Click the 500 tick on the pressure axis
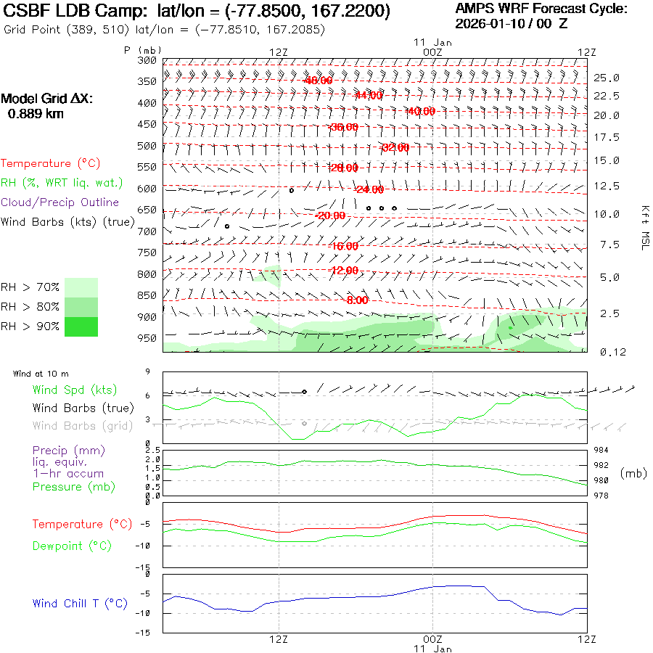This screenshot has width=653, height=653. (147, 146)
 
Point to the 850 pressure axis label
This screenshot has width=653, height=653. (147, 295)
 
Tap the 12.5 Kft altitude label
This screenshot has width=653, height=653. (607, 186)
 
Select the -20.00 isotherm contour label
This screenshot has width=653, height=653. (331, 215)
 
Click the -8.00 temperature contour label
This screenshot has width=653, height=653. (356, 300)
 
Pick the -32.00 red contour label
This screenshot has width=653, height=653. (395, 147)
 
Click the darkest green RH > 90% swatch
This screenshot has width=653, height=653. (81, 327)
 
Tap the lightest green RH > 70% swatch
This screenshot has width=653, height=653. (81, 287)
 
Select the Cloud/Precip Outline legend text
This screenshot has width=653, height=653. (59, 202)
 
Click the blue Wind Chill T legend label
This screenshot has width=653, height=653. (80, 603)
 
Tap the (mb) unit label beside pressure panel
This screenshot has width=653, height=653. (633, 473)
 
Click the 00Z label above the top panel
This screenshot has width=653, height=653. (432, 52)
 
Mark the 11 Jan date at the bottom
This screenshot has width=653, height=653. (432, 648)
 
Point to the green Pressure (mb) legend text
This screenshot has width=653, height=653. (67, 486)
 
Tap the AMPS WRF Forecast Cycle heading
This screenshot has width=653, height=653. (541, 9)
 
